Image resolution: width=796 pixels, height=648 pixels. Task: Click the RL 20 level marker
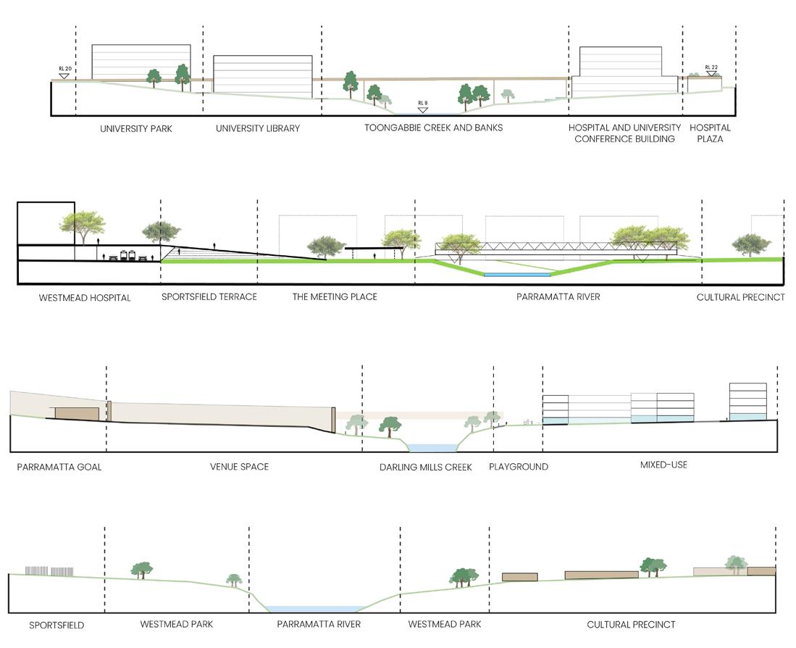[64, 72]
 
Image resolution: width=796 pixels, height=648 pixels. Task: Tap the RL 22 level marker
[711, 70]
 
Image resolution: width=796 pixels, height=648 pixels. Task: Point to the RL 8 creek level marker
[423, 107]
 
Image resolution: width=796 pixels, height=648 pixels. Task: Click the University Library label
[257, 128]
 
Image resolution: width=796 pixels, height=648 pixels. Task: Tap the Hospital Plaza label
[710, 133]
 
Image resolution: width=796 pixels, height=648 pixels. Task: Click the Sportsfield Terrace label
[209, 296]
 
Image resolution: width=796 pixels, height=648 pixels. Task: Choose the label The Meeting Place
[335, 296]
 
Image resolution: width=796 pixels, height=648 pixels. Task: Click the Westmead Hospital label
[75, 297]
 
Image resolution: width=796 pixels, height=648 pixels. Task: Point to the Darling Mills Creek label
[425, 467]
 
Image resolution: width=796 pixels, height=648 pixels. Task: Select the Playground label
[519, 466]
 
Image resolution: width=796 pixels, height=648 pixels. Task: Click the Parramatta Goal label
[59, 467]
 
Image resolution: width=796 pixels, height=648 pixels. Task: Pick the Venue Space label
[239, 466]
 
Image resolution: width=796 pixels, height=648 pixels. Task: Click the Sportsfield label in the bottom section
[56, 625]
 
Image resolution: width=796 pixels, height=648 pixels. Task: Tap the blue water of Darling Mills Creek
[431, 448]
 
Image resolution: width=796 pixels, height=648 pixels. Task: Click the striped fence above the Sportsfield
[49, 570]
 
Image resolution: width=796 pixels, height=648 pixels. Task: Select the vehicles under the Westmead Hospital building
[128, 255]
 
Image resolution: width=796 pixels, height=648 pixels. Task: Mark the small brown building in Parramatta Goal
[77, 413]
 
